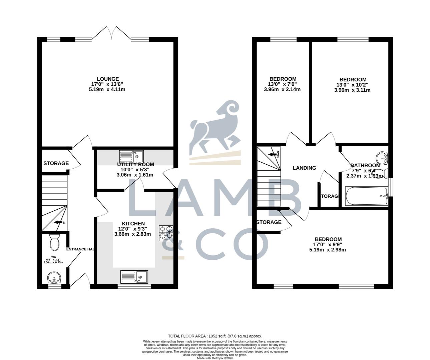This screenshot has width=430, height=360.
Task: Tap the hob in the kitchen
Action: (x=166, y=233)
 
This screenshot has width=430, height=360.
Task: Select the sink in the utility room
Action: (x=131, y=156)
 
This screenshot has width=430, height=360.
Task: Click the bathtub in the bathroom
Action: (x=366, y=196)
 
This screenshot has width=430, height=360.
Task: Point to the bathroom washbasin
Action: (x=381, y=157)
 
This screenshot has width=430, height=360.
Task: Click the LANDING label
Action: (x=304, y=168)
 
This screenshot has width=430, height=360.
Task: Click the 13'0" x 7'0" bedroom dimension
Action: (x=282, y=84)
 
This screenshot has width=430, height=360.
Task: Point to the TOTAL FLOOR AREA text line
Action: (x=215, y=336)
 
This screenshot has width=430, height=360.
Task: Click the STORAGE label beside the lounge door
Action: (x=56, y=163)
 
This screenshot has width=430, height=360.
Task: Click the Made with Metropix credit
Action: (x=215, y=358)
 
